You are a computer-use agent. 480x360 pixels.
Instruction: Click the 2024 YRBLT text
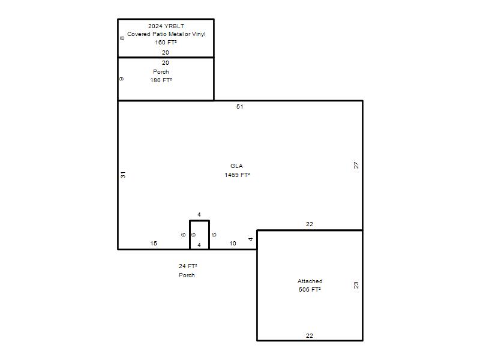click(166, 26)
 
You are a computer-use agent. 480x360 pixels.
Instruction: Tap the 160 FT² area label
click(166, 42)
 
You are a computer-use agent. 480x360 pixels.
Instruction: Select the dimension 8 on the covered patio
click(122, 38)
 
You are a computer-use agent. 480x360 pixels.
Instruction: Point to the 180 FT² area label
click(161, 80)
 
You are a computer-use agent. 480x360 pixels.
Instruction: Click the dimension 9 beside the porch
click(122, 79)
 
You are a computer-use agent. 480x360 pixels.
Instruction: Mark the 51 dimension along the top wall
click(239, 107)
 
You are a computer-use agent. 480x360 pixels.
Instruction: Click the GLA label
click(236, 166)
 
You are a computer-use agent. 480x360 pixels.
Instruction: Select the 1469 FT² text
click(237, 175)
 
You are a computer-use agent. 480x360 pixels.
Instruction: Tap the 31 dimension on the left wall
click(123, 175)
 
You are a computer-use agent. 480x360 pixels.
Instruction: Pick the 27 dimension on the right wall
click(356, 166)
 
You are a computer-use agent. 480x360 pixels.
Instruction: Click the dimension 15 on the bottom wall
click(154, 244)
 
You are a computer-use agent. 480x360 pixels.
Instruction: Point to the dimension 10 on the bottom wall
click(233, 244)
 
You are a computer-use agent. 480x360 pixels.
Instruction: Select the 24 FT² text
click(188, 266)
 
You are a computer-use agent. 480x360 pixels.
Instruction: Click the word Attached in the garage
click(310, 281)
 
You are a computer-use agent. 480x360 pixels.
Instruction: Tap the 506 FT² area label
click(310, 290)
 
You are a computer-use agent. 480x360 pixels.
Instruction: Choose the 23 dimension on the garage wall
click(356, 285)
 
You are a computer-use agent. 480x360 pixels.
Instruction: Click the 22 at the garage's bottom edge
click(310, 336)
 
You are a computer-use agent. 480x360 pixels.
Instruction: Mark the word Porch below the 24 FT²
click(187, 275)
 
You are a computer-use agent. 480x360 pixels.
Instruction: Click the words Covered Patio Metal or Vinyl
click(166, 34)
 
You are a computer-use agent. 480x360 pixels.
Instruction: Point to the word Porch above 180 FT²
click(161, 71)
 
